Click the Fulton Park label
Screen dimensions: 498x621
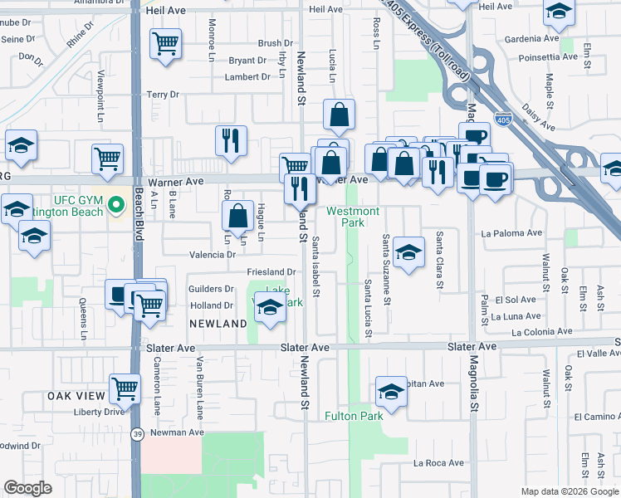354,416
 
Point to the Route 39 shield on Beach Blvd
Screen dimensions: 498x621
136,433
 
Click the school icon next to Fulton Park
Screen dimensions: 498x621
391,392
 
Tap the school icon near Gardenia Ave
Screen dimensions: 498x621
559,12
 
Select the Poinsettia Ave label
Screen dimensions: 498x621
547,56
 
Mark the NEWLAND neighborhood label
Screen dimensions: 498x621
218,323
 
